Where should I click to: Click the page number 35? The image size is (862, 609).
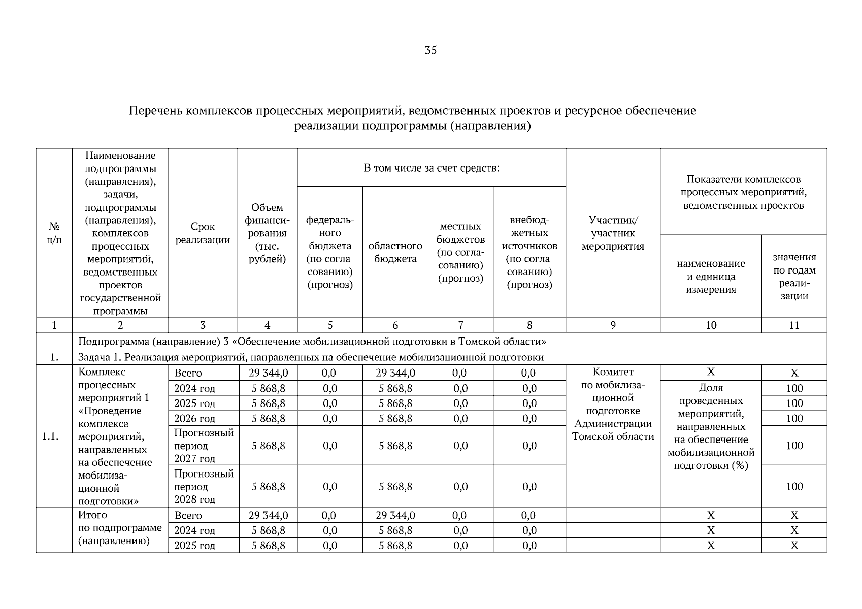click(430, 50)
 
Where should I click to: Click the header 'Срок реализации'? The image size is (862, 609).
click(203, 233)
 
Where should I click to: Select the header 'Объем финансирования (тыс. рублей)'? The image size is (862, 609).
click(267, 233)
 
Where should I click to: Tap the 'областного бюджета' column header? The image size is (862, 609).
click(395, 252)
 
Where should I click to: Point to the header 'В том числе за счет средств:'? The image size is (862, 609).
click(432, 168)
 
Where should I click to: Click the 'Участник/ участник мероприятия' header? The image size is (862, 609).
click(613, 233)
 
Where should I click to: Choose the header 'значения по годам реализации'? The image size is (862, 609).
click(794, 276)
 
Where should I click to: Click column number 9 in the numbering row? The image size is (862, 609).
click(613, 325)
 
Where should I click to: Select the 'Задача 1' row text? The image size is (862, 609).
click(311, 357)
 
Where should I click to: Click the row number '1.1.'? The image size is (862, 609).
click(54, 436)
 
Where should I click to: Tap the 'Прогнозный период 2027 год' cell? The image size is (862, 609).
click(203, 446)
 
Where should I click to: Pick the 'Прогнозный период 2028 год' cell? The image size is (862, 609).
click(203, 486)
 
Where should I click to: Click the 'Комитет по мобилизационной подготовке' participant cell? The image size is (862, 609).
click(613, 404)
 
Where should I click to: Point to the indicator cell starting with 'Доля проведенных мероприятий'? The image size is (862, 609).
click(711, 426)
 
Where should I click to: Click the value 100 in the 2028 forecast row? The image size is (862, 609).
click(794, 486)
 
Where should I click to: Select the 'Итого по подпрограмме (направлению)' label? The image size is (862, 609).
click(120, 528)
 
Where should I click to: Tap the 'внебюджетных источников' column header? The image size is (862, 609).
click(529, 252)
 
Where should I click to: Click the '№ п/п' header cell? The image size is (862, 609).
click(54, 233)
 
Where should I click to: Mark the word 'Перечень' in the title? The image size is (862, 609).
click(155, 111)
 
